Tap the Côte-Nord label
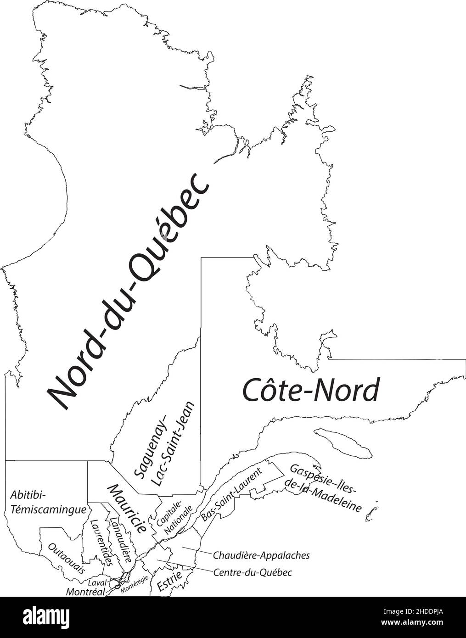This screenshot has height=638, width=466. [311, 390]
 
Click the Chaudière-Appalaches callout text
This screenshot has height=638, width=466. [261, 555]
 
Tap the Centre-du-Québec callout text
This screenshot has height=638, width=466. [253, 573]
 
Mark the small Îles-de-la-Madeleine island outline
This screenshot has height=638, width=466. [371, 513]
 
